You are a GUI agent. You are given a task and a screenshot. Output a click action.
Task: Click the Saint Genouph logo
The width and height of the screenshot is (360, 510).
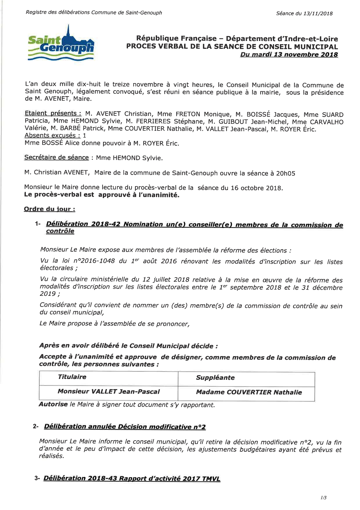[61, 44]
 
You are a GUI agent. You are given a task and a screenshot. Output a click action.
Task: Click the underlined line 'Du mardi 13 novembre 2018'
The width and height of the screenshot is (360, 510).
[289, 54]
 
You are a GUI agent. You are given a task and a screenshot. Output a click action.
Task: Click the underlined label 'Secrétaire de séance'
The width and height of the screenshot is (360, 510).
[57, 158]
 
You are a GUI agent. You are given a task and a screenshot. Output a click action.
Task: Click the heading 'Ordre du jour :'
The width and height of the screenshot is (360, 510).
[50, 209]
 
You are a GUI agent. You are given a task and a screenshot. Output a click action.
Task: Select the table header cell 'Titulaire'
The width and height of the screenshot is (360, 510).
[72, 377]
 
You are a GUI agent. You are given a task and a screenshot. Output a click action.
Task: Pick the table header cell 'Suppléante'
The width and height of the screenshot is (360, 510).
[215, 378]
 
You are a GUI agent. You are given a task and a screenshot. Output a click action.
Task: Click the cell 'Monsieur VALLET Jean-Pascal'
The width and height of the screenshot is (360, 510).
[109, 391]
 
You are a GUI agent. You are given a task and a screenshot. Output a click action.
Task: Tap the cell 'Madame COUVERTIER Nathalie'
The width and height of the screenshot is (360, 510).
[249, 392]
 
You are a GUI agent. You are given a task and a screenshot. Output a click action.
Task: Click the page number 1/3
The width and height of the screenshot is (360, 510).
[323, 498]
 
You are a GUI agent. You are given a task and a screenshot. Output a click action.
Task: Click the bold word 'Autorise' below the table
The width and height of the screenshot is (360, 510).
[53, 404]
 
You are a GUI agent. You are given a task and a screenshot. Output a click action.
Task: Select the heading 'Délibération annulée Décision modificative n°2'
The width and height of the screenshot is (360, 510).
[125, 427]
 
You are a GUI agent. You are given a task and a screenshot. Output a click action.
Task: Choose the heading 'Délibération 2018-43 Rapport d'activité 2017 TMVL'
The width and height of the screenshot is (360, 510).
[132, 478]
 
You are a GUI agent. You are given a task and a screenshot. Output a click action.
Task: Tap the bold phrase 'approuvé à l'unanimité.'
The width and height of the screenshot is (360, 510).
[139, 195]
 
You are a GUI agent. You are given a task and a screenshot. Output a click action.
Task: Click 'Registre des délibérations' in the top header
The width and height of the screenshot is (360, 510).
[57, 12]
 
